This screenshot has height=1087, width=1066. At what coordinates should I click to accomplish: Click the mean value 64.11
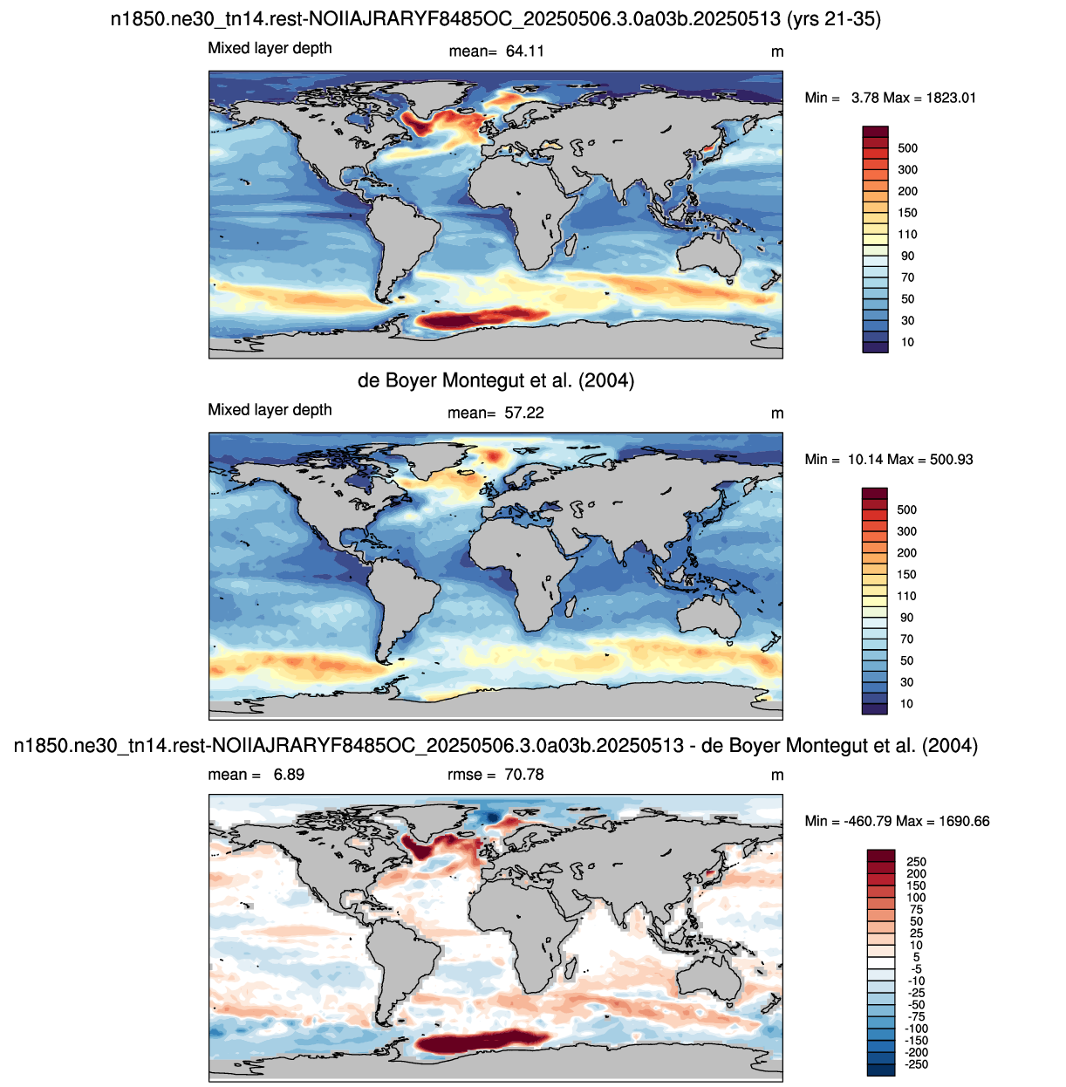pos(525,51)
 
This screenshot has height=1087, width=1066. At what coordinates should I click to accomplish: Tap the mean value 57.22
pos(523,413)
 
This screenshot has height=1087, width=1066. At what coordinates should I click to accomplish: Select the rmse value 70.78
pos(523,775)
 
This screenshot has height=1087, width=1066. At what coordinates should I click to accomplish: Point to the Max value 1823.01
pos(951,98)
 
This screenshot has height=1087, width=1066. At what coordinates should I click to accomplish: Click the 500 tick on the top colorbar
pos(907,148)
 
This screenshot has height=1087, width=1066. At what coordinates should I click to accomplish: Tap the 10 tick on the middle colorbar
pos(906,703)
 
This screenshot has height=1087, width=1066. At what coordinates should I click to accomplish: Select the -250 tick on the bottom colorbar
pos(917,1064)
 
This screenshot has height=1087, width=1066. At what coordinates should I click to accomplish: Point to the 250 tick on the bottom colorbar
pos(917,861)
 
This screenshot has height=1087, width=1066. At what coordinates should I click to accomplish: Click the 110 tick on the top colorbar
pos(907,234)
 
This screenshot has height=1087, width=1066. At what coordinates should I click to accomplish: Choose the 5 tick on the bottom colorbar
pos(917,957)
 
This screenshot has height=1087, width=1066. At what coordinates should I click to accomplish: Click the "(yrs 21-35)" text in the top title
pos(833,19)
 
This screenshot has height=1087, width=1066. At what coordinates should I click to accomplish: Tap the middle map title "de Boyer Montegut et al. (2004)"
pos(496,380)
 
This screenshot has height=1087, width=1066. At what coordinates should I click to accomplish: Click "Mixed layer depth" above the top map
pos(270,49)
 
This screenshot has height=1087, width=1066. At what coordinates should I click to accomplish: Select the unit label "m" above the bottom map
pos(777,775)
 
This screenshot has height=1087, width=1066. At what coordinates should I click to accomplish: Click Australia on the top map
pos(708,256)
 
